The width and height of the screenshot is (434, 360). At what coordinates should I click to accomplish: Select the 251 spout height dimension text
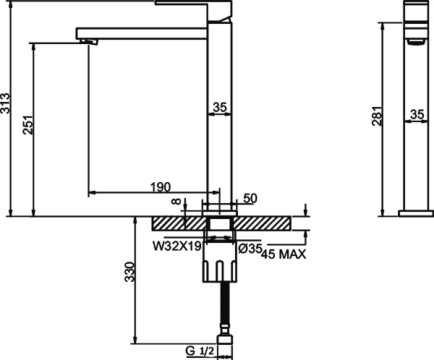coord(27,127)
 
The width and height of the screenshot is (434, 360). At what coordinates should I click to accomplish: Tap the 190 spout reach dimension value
coord(161,187)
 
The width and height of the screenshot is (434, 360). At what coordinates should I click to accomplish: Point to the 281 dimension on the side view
coord(377,116)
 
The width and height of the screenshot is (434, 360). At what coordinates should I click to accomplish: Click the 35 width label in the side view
coord(417,114)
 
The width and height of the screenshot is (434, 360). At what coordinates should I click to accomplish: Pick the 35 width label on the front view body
coord(220,108)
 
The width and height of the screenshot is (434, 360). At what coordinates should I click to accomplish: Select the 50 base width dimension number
coord(251,198)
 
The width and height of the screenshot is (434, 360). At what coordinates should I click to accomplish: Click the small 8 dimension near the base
coord(175,205)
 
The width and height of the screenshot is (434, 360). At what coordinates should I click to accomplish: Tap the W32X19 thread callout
coord(176,247)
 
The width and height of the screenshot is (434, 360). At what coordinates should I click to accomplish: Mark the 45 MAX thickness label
coord(283,254)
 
